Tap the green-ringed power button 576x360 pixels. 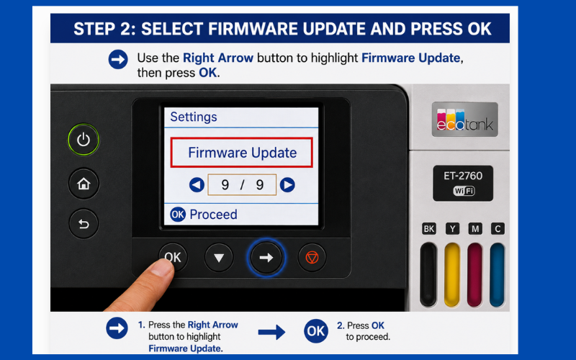click(84, 140)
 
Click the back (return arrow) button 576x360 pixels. click(84, 223)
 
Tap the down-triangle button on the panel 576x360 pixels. click(219, 258)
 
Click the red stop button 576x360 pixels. click(312, 258)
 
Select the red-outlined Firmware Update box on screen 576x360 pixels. click(242, 153)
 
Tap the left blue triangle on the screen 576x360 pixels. click(197, 185)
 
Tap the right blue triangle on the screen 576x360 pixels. click(287, 185)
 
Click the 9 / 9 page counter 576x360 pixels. click(242, 185)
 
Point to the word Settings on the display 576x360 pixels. click(194, 117)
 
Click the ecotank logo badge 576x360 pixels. click(464, 120)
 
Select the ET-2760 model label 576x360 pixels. click(463, 176)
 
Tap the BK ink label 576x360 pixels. click(429, 229)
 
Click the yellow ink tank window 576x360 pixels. click(452, 274)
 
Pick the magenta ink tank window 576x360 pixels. click(474, 274)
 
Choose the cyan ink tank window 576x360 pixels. click(498, 274)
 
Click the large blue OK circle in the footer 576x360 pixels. click(316, 331)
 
